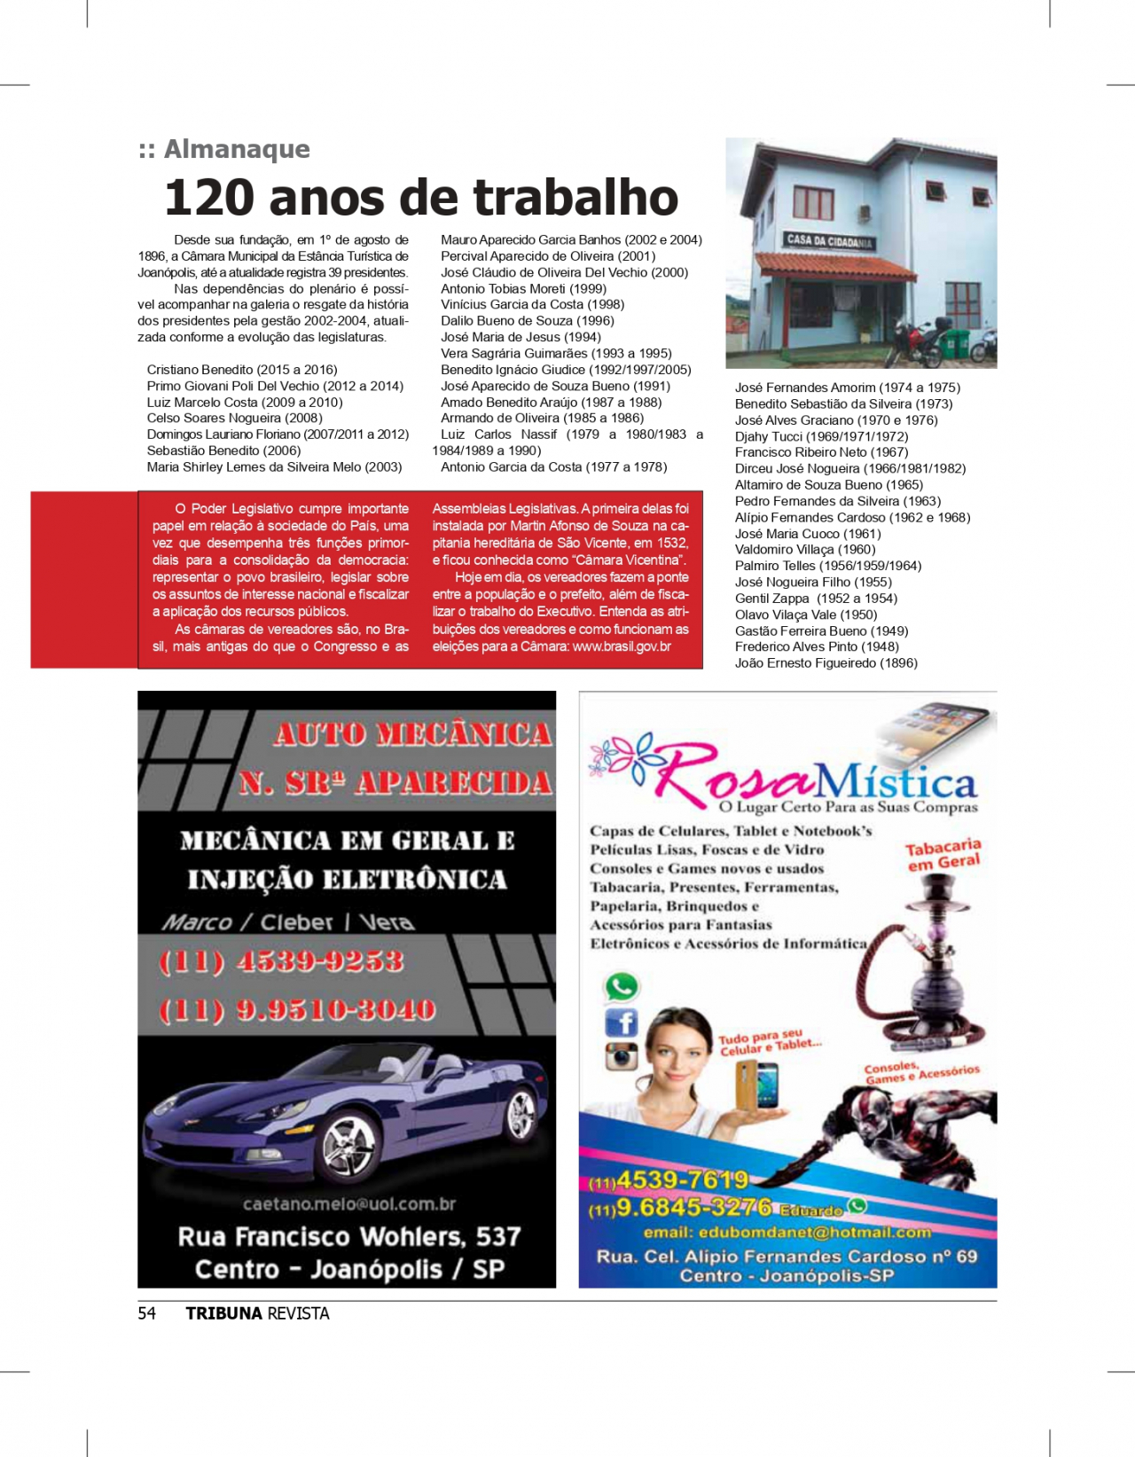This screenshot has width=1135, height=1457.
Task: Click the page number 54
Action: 147,1313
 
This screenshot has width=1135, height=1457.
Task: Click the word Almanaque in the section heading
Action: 237,149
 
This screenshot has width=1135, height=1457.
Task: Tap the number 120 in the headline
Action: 208,198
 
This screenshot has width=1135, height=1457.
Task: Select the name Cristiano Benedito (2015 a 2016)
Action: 242,370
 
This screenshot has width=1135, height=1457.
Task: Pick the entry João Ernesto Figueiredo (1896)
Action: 826,663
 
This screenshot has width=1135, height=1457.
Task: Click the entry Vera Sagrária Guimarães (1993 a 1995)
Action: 556,354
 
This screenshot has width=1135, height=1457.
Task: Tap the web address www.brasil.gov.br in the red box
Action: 622,646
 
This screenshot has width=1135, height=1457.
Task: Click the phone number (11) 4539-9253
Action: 281,961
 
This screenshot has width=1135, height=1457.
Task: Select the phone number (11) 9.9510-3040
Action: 297,1010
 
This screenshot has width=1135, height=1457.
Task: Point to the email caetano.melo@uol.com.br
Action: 349,1204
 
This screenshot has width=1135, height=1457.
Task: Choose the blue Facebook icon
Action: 622,1022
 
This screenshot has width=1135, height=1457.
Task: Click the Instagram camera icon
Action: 622,1056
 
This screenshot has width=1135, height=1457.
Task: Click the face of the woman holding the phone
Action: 677,1053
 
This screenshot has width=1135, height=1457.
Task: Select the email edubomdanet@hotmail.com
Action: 787,1233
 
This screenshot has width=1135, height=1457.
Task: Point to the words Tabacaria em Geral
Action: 943,855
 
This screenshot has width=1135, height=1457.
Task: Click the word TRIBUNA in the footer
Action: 223,1313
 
